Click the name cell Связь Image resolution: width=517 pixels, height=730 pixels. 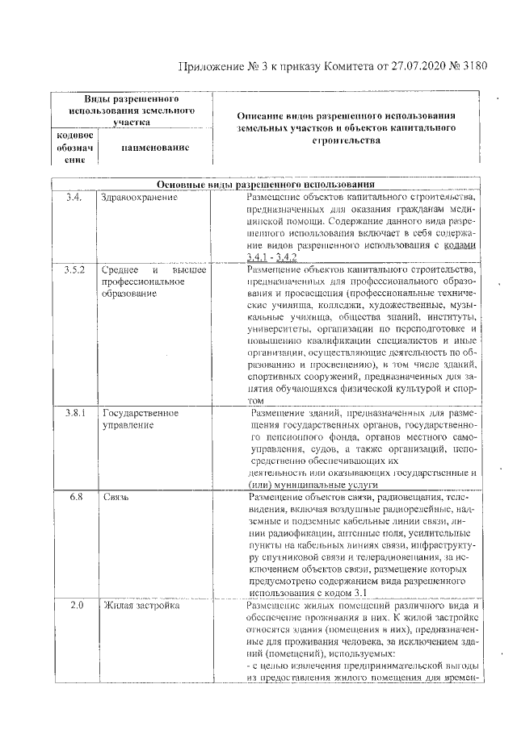116,497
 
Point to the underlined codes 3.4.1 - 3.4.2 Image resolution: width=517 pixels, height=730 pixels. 271,257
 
